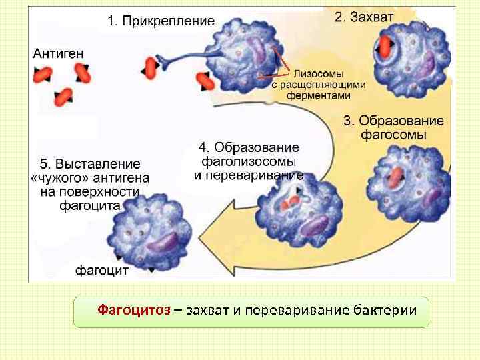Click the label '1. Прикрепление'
pyautogui.click(x=161, y=21)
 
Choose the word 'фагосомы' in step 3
pyautogui.click(x=394, y=135)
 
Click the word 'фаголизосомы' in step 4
pyautogui.click(x=249, y=161)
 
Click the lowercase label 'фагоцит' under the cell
pyautogui.click(x=101, y=271)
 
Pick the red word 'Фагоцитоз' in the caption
pyautogui.click(x=133, y=311)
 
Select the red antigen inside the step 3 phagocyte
pyautogui.click(x=395, y=177)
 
